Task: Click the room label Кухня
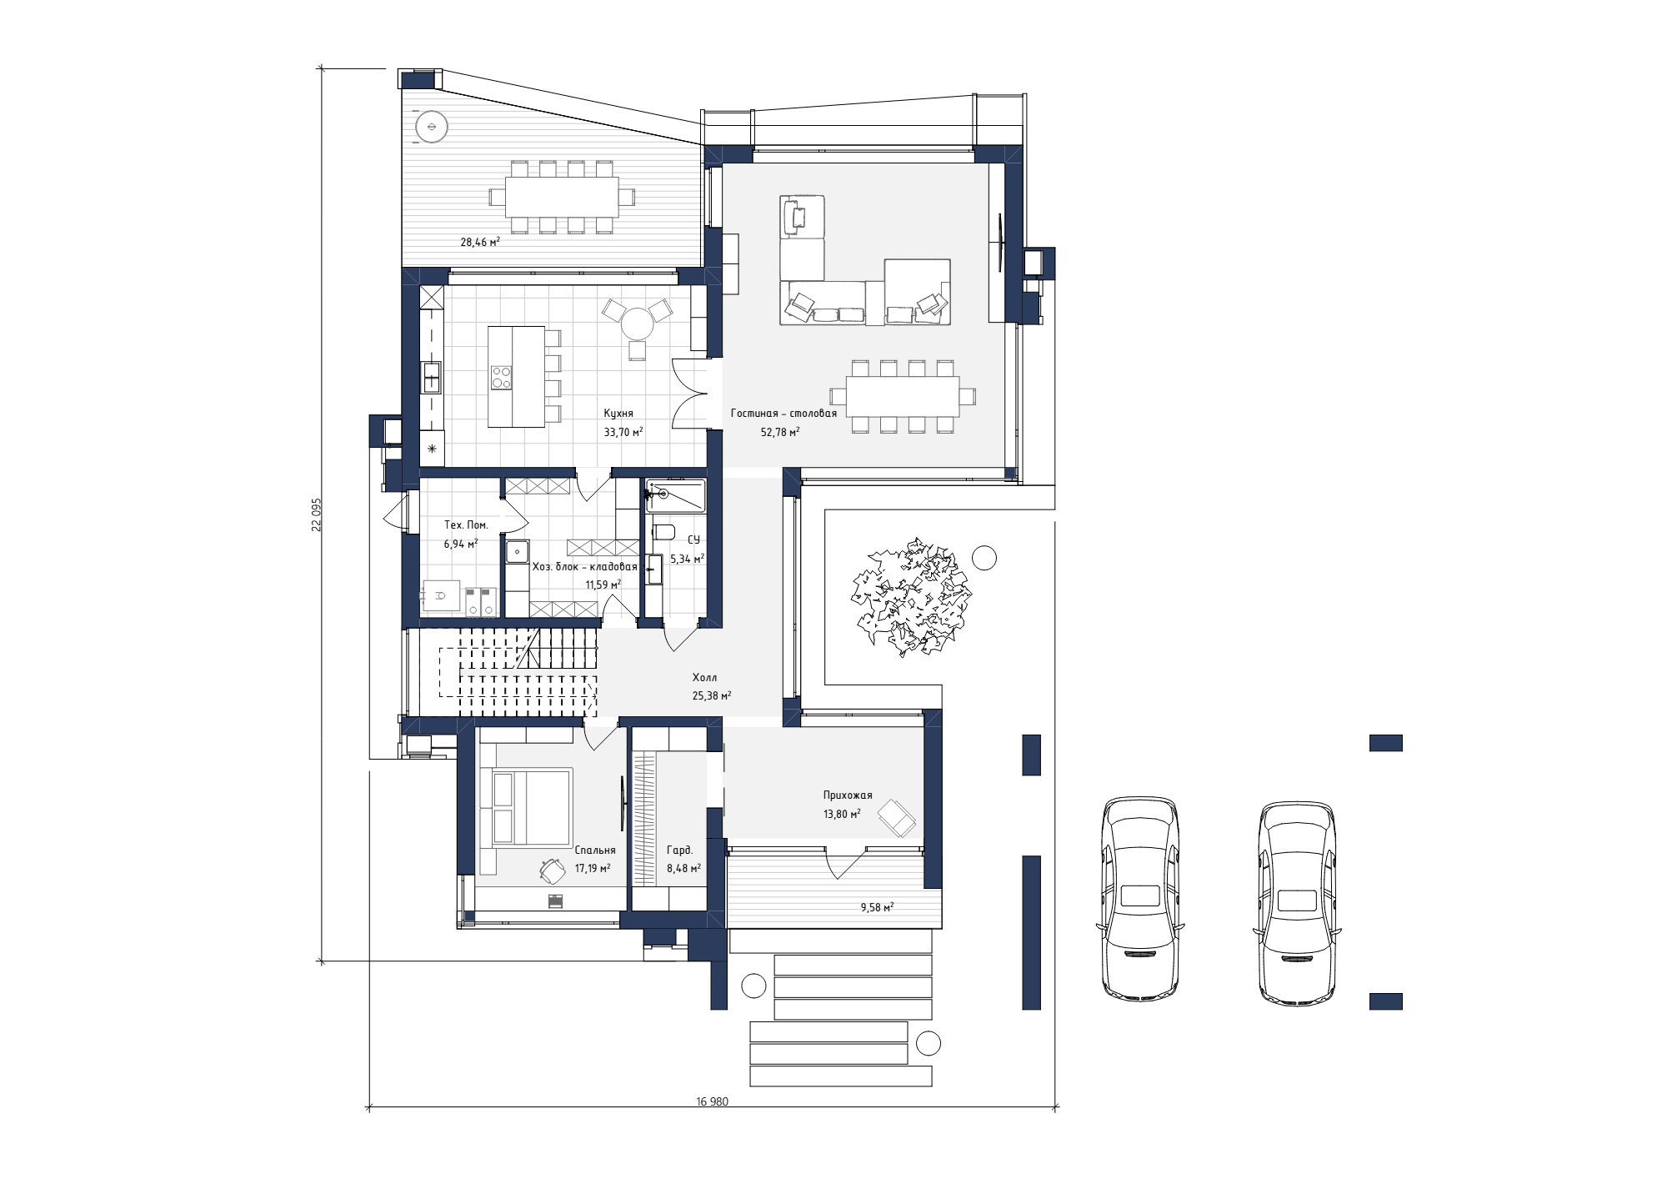618,413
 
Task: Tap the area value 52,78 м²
780,432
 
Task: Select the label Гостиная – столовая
783,413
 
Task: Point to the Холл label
704,678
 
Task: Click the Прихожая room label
848,795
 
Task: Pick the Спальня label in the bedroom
595,850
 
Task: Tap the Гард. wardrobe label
679,850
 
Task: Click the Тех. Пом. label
466,525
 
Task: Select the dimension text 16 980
712,1101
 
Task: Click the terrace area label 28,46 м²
480,243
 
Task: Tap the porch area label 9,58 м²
877,907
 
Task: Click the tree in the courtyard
909,596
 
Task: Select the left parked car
1139,898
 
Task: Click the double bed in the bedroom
531,807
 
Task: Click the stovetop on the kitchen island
502,378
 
